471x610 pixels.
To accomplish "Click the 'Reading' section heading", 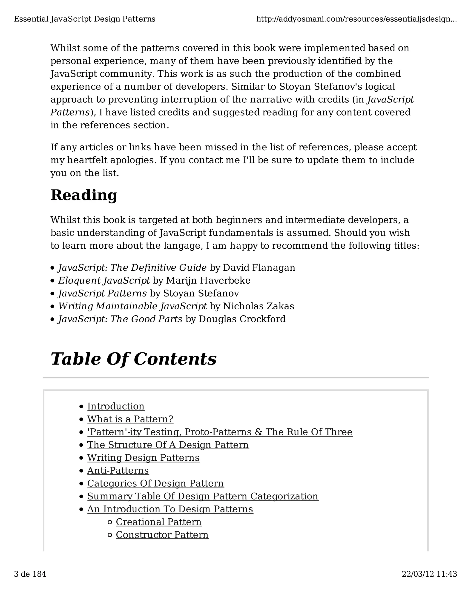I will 84,195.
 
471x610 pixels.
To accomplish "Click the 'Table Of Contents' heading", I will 133,359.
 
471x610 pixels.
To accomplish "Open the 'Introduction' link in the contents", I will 116,406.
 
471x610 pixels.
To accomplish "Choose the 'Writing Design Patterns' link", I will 144,458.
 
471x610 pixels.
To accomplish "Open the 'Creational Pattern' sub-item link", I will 159,522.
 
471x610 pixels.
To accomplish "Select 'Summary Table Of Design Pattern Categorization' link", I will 203,496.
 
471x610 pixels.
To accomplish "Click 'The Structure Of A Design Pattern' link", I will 168,445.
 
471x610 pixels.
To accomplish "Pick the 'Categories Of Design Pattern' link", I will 155,483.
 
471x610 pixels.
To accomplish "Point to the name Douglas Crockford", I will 242,319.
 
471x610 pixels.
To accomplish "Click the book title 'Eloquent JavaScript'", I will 104,280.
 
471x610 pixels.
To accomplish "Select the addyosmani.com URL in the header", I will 356,19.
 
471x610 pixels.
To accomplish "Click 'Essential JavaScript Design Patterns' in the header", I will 85,19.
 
